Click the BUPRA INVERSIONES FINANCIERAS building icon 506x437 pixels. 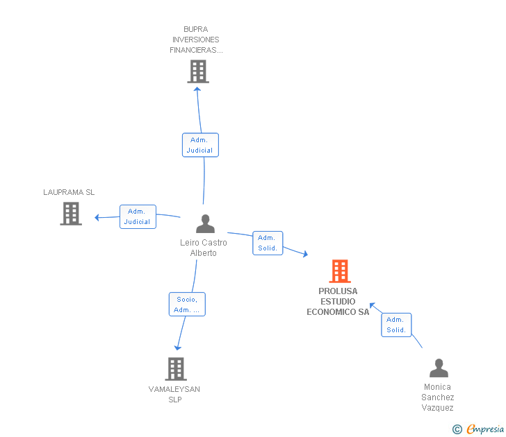point(198,71)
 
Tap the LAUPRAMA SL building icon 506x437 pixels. point(71,214)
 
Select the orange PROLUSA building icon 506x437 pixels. point(339,271)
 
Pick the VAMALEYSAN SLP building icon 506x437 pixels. point(176,369)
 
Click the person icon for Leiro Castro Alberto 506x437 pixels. point(205,224)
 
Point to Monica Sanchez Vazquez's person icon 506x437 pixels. point(439,368)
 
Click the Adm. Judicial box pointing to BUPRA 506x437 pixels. point(200,145)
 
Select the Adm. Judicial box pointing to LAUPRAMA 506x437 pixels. point(138,216)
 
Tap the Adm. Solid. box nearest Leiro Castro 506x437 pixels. point(268,243)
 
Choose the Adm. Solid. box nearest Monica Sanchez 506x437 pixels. point(396,325)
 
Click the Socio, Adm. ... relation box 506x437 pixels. point(187,305)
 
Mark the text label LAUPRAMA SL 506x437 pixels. point(69,192)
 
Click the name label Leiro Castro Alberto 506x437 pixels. point(204,248)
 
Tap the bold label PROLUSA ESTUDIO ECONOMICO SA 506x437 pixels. point(338,302)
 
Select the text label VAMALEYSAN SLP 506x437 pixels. point(174,394)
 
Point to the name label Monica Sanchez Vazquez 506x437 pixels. point(438,397)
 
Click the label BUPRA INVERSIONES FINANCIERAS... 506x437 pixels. point(197,40)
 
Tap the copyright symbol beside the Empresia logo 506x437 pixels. point(457,429)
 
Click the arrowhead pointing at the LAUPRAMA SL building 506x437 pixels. point(97,218)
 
